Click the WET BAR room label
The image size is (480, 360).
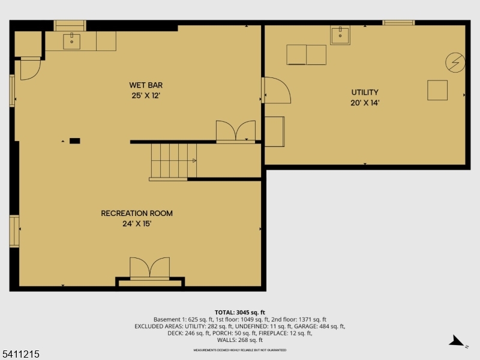[146, 85]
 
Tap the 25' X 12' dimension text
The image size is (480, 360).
[146, 95]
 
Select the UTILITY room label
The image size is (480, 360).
[365, 92]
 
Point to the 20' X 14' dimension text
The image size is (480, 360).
[365, 103]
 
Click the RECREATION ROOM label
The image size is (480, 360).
[137, 213]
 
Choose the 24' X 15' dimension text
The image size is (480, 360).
[137, 224]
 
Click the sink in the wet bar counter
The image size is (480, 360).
[72, 41]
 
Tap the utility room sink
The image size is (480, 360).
[341, 35]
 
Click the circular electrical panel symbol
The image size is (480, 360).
[455, 62]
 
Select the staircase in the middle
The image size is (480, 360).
[173, 161]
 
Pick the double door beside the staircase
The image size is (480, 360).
[236, 131]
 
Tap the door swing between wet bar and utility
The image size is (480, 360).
[276, 90]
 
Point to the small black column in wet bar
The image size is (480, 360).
[74, 141]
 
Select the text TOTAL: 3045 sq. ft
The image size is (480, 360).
[239, 312]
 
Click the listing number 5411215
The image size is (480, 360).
[20, 355]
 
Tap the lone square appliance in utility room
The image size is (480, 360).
[437, 90]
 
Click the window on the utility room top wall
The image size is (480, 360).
[398, 23]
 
